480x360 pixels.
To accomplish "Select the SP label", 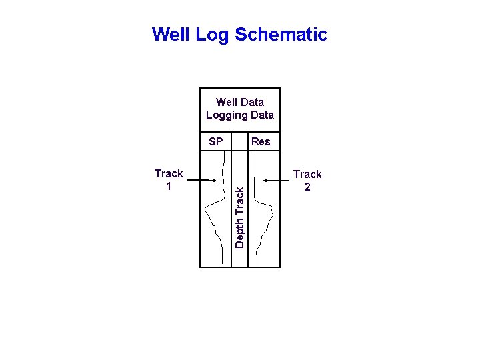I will click(x=216, y=141).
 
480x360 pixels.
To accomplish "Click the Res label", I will click(x=261, y=141).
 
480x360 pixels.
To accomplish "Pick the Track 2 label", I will click(x=307, y=181).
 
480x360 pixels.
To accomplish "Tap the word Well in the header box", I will click(x=227, y=102).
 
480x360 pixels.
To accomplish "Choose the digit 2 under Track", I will click(x=307, y=187).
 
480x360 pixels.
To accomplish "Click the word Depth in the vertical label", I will click(x=240, y=233).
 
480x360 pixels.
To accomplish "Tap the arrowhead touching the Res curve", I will click(x=265, y=180).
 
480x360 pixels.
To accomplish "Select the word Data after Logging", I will click(x=261, y=115).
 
